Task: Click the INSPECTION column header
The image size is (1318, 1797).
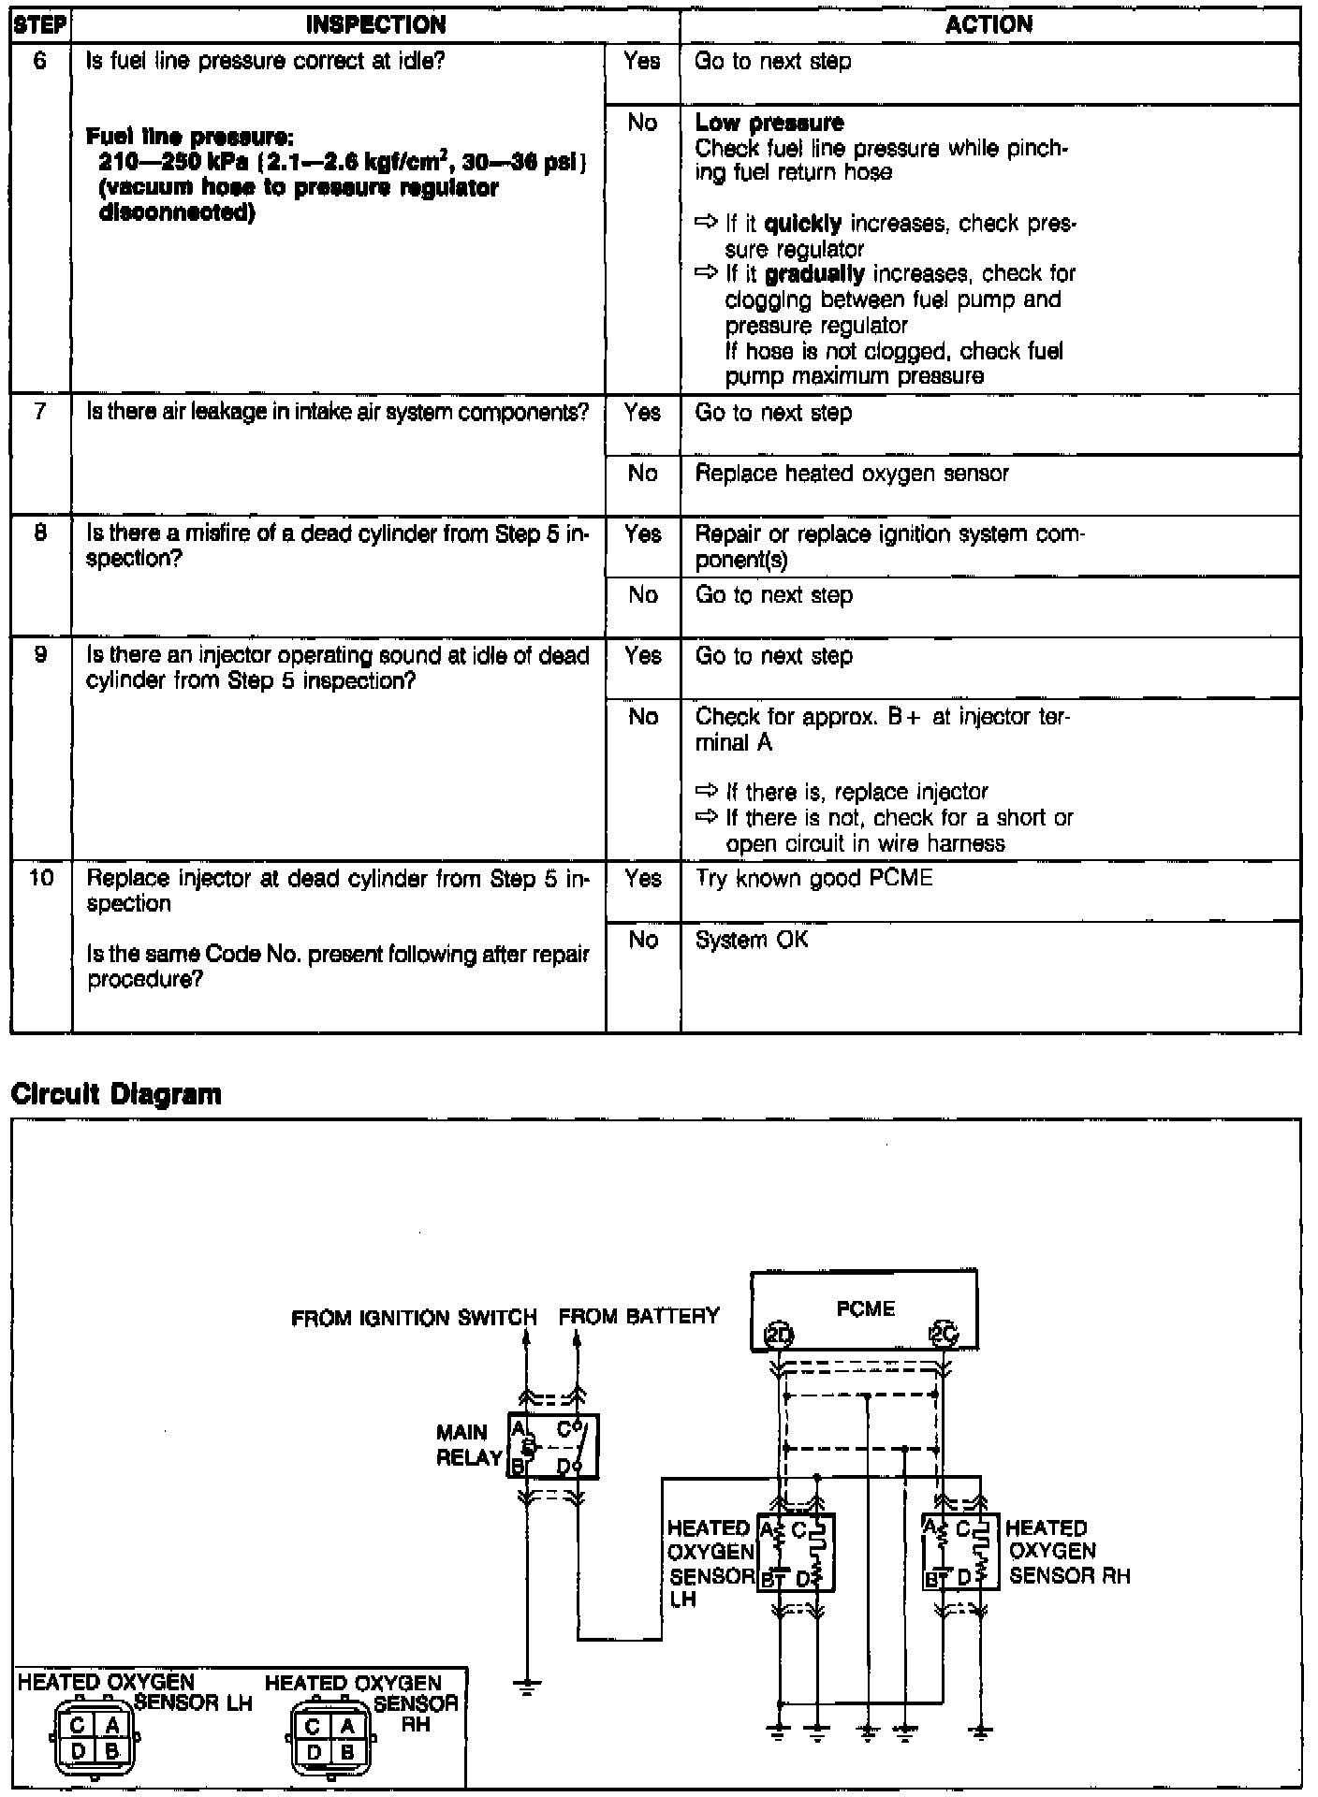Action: (375, 24)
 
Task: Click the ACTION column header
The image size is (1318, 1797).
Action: (988, 24)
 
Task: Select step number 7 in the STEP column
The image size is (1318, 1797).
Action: (40, 412)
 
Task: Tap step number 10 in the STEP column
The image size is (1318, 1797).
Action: (40, 878)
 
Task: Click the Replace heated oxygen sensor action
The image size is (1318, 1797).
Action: (852, 474)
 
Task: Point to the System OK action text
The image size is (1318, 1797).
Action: (751, 940)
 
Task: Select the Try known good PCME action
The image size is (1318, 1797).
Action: (813, 879)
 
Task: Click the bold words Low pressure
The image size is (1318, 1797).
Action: (769, 123)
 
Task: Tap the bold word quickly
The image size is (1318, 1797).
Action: (803, 224)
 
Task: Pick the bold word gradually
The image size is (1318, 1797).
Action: (814, 274)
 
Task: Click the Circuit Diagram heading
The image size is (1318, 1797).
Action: (116, 1094)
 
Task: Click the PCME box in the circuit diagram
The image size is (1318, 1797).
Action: (865, 1308)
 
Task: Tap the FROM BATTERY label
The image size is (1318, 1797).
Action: (639, 1317)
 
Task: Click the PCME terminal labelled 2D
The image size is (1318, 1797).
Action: (779, 1336)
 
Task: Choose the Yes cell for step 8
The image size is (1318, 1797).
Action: (642, 534)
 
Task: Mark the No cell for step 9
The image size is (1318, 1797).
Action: (642, 717)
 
